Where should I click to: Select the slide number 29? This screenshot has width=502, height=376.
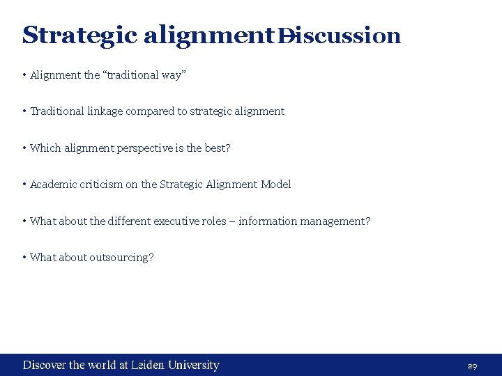[x=472, y=366]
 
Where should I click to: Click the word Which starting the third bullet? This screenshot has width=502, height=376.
[x=45, y=148]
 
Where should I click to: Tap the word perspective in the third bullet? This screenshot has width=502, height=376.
[x=144, y=148]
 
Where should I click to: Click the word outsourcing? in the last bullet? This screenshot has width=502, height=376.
[x=121, y=258]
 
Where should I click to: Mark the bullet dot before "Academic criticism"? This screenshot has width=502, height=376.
[x=24, y=185]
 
